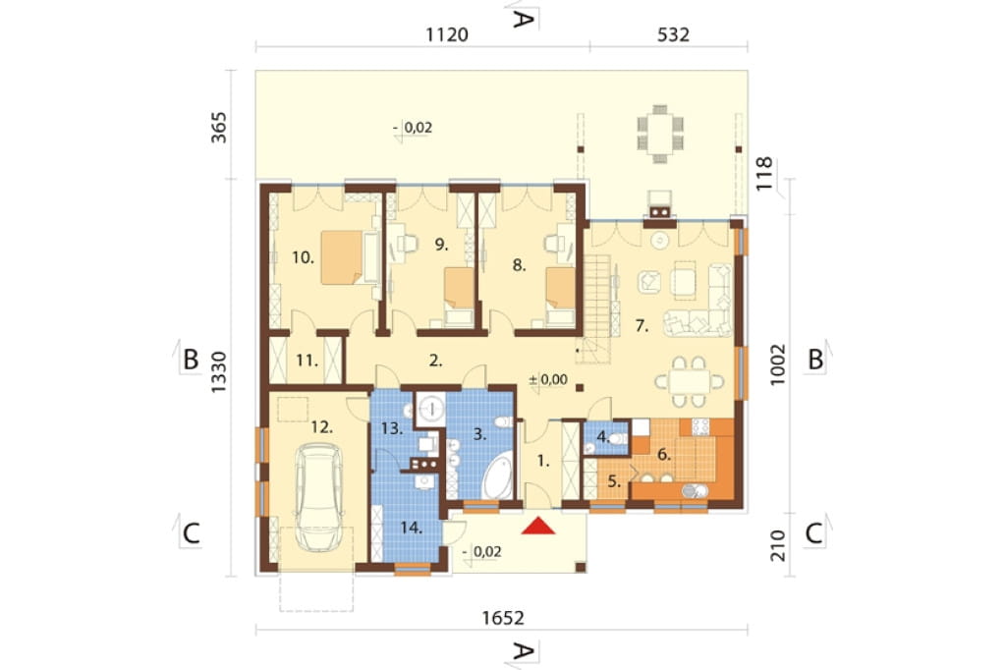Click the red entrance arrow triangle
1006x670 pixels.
point(537,526)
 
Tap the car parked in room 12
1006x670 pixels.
point(319,497)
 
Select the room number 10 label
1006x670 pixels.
point(303,258)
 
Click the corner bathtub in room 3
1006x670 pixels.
point(498,475)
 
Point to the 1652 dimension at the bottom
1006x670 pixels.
point(503,618)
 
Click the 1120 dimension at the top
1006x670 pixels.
point(447,34)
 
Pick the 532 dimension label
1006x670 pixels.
point(673,34)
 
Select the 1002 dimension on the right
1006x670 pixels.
point(778,364)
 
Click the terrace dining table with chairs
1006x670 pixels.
point(659,134)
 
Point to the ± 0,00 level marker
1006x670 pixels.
point(548,379)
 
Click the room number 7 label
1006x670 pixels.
point(642,326)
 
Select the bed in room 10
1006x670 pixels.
point(342,257)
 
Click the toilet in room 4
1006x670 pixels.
point(617,439)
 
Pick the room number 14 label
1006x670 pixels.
point(412,529)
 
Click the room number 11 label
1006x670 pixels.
point(307,361)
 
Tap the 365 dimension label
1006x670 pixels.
point(219,127)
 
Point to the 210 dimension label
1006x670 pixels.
point(778,545)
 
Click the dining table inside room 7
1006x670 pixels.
point(689,382)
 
